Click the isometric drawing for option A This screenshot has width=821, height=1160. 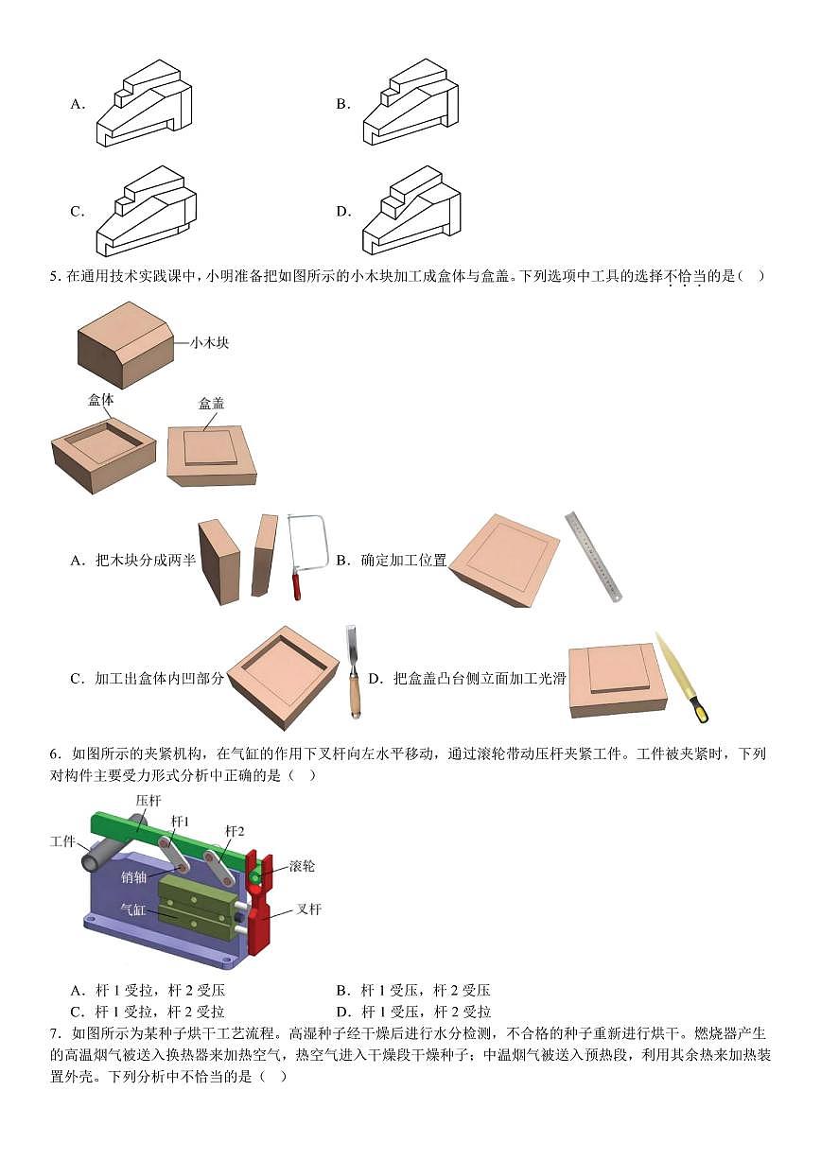144,104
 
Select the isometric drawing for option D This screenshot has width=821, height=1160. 411,210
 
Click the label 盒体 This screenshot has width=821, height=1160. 101,400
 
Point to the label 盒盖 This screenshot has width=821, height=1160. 211,404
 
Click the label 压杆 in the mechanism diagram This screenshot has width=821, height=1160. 148,801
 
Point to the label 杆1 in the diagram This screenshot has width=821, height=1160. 181,822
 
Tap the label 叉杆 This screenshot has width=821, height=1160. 308,909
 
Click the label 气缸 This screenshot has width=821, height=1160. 132,909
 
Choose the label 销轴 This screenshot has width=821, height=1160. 133,876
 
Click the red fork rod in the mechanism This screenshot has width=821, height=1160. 257,908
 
